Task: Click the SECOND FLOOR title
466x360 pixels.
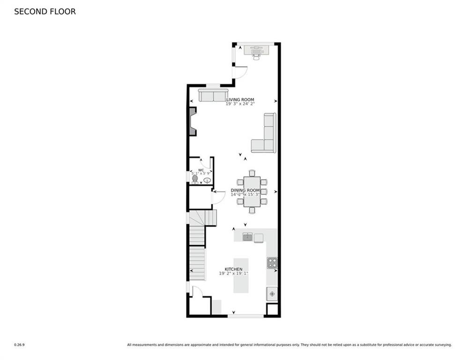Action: coord(45,11)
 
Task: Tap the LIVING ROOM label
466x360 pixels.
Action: coord(240,100)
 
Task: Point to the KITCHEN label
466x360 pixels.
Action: coord(234,269)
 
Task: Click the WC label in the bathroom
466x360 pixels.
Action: coord(201,170)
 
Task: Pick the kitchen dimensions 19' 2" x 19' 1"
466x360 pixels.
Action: coord(234,274)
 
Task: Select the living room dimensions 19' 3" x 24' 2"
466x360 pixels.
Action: coord(240,104)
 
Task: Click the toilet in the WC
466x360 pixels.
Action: coord(195,179)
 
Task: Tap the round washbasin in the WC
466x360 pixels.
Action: coord(207,180)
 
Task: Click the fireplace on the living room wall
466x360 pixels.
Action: coord(192,121)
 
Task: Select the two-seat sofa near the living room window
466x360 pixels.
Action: coord(213,95)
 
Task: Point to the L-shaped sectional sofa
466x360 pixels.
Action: coord(266,136)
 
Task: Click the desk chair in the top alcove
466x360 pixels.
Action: coord(256,55)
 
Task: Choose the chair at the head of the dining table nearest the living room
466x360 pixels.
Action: coord(252,173)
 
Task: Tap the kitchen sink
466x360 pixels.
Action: coord(247,237)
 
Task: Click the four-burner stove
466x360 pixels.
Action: coord(272,263)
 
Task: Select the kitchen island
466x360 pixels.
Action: coord(241,275)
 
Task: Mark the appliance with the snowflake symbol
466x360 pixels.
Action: coord(272,294)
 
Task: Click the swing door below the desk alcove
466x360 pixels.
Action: coord(240,72)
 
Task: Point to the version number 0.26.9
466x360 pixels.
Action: coord(19,345)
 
